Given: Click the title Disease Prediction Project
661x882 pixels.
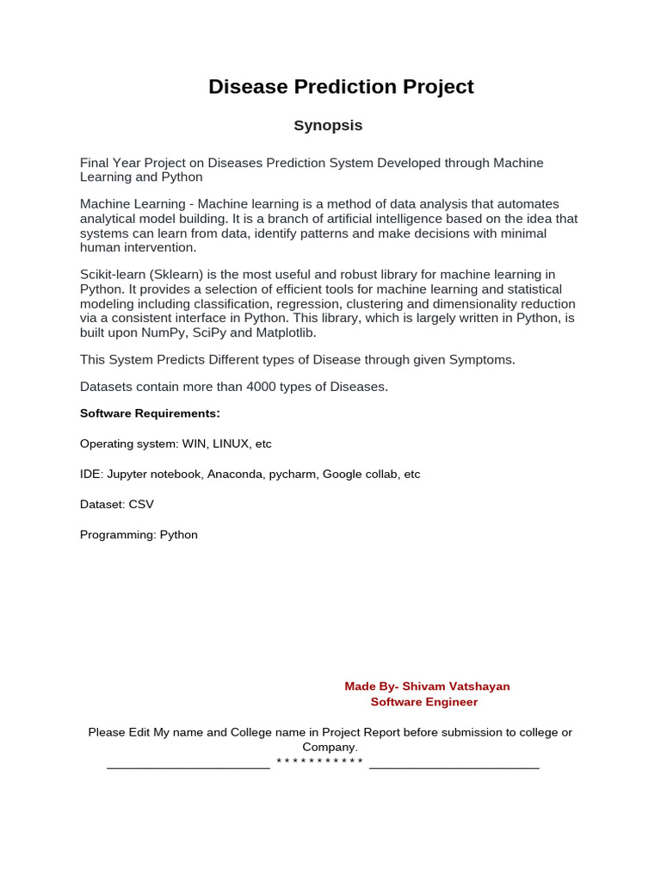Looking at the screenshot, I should (x=341, y=87).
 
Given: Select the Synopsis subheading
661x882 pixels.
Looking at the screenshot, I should (x=328, y=126).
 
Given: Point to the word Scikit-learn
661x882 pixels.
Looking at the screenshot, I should (x=113, y=275).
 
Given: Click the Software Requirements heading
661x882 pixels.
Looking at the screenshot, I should (x=150, y=413).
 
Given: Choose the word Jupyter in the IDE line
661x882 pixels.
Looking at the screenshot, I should (x=127, y=475).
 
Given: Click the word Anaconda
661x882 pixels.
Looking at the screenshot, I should (x=235, y=475).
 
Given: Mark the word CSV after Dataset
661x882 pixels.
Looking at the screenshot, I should (x=141, y=505).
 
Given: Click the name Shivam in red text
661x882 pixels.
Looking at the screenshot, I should (x=423, y=686).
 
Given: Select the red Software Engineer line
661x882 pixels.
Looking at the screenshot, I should (x=423, y=702).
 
